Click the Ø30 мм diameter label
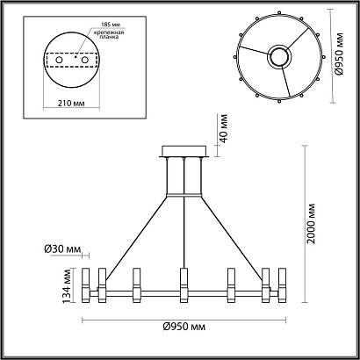tap(58, 249)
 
